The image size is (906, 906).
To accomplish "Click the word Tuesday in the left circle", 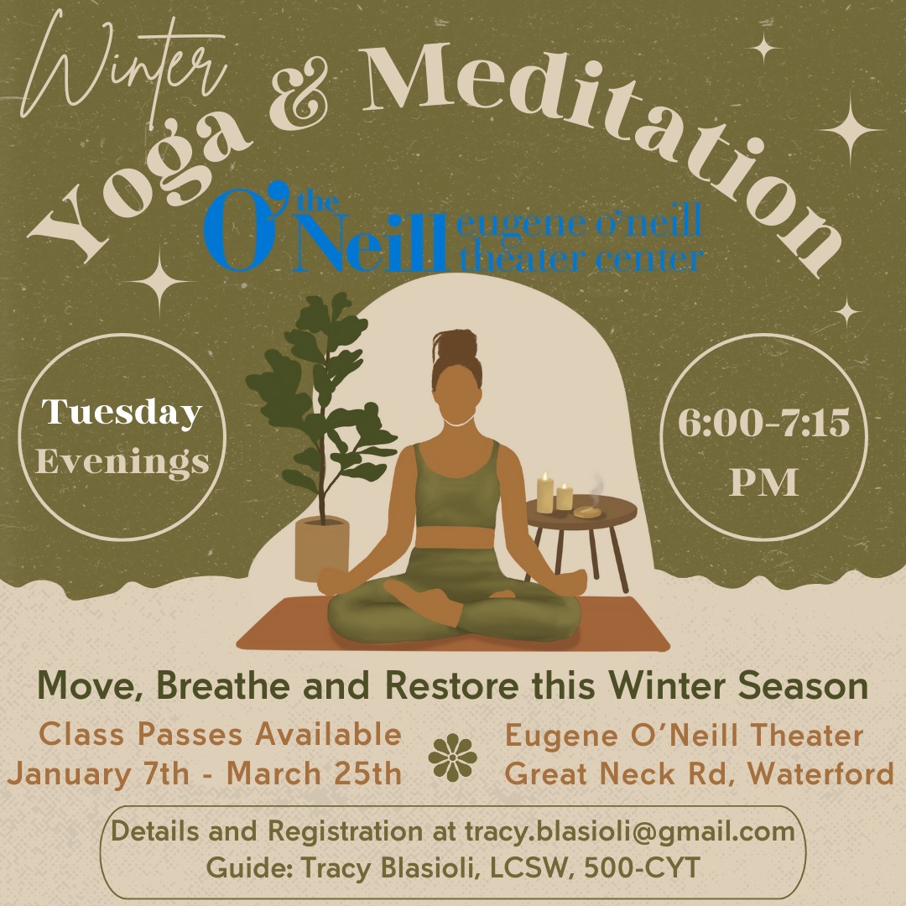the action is click(122, 413).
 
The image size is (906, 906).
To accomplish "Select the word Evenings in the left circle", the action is click(122, 461).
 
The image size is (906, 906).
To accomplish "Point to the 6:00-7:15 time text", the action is click(764, 422).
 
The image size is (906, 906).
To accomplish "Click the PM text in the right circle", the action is click(764, 482).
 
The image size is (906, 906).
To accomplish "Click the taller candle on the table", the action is click(545, 493).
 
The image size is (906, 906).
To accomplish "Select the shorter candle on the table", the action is click(565, 497).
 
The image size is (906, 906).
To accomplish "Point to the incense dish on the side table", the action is click(588, 512).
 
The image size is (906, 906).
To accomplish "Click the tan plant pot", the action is click(322, 548).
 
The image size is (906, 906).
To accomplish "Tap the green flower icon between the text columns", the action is click(453, 757).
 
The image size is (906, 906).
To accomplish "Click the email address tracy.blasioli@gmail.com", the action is click(630, 832).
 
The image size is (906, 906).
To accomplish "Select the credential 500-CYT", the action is click(642, 868).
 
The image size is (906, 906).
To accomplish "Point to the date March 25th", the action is click(315, 773).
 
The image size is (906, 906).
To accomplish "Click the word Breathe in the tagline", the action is click(223, 686).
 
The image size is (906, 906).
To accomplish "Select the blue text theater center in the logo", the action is click(581, 258).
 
